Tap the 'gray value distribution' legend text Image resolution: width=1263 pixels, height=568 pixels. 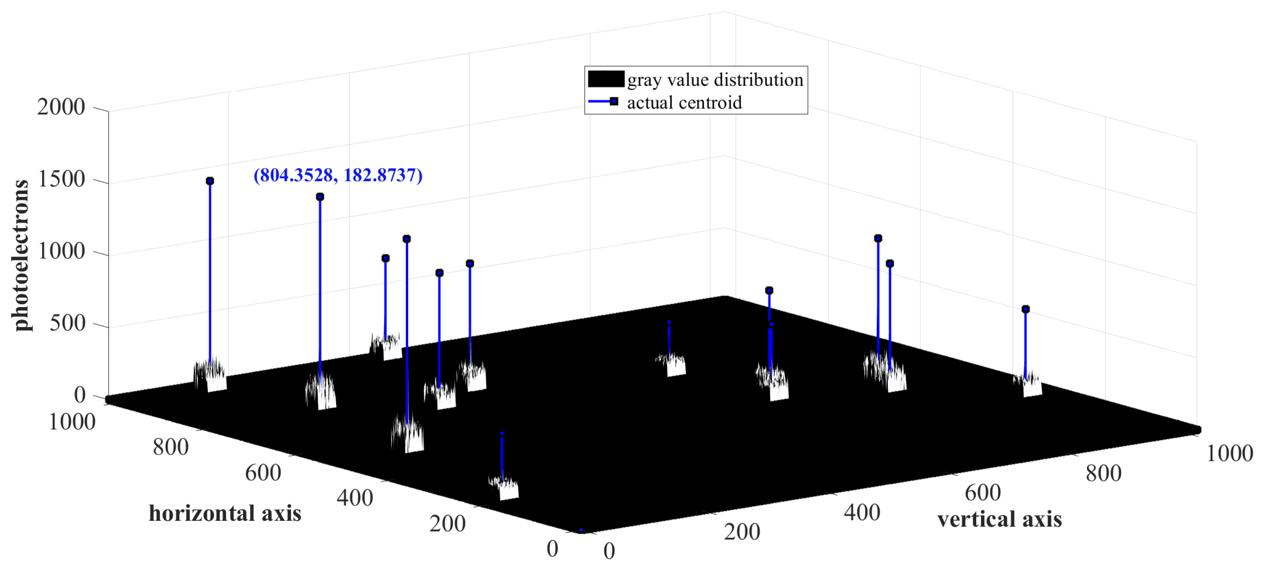pos(715,80)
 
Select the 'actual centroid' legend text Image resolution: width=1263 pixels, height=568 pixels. pos(684,103)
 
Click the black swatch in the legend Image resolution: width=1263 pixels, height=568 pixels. pos(606,79)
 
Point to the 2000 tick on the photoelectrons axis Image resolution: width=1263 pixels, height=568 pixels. pos(61,107)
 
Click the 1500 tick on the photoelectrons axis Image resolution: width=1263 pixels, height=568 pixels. pos(61,179)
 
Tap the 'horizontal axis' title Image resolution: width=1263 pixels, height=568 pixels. pos(225,514)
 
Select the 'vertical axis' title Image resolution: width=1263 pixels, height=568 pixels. pos(999,520)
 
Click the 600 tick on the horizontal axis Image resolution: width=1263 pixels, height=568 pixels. pos(263,473)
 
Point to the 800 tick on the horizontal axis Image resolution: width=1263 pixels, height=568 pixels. pos(170,447)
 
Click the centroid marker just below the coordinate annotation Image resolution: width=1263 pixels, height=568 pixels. pos(320,197)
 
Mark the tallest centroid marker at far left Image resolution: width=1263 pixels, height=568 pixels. pos(210,181)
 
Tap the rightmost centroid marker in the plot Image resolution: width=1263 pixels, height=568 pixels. pos(1025,309)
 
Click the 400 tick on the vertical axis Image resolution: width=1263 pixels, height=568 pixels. pos(862,513)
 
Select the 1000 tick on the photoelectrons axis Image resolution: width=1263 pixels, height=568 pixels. pos(61,251)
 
